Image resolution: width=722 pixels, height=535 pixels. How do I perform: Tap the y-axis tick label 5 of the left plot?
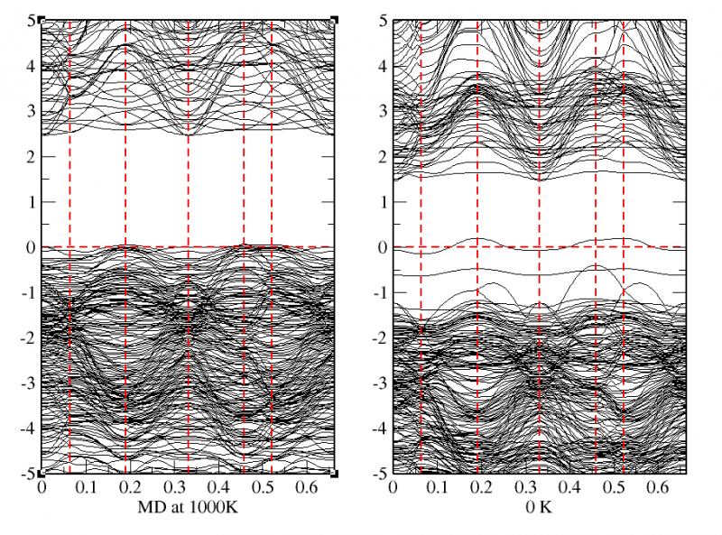[x=30, y=20]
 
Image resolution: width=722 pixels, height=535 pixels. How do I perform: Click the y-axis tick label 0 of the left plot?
[x=30, y=247]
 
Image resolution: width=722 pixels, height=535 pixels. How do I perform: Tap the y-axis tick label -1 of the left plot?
[x=27, y=292]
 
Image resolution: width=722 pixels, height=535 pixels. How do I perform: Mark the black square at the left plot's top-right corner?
[x=334, y=20]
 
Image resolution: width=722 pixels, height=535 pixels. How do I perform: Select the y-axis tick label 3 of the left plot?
[x=30, y=111]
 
